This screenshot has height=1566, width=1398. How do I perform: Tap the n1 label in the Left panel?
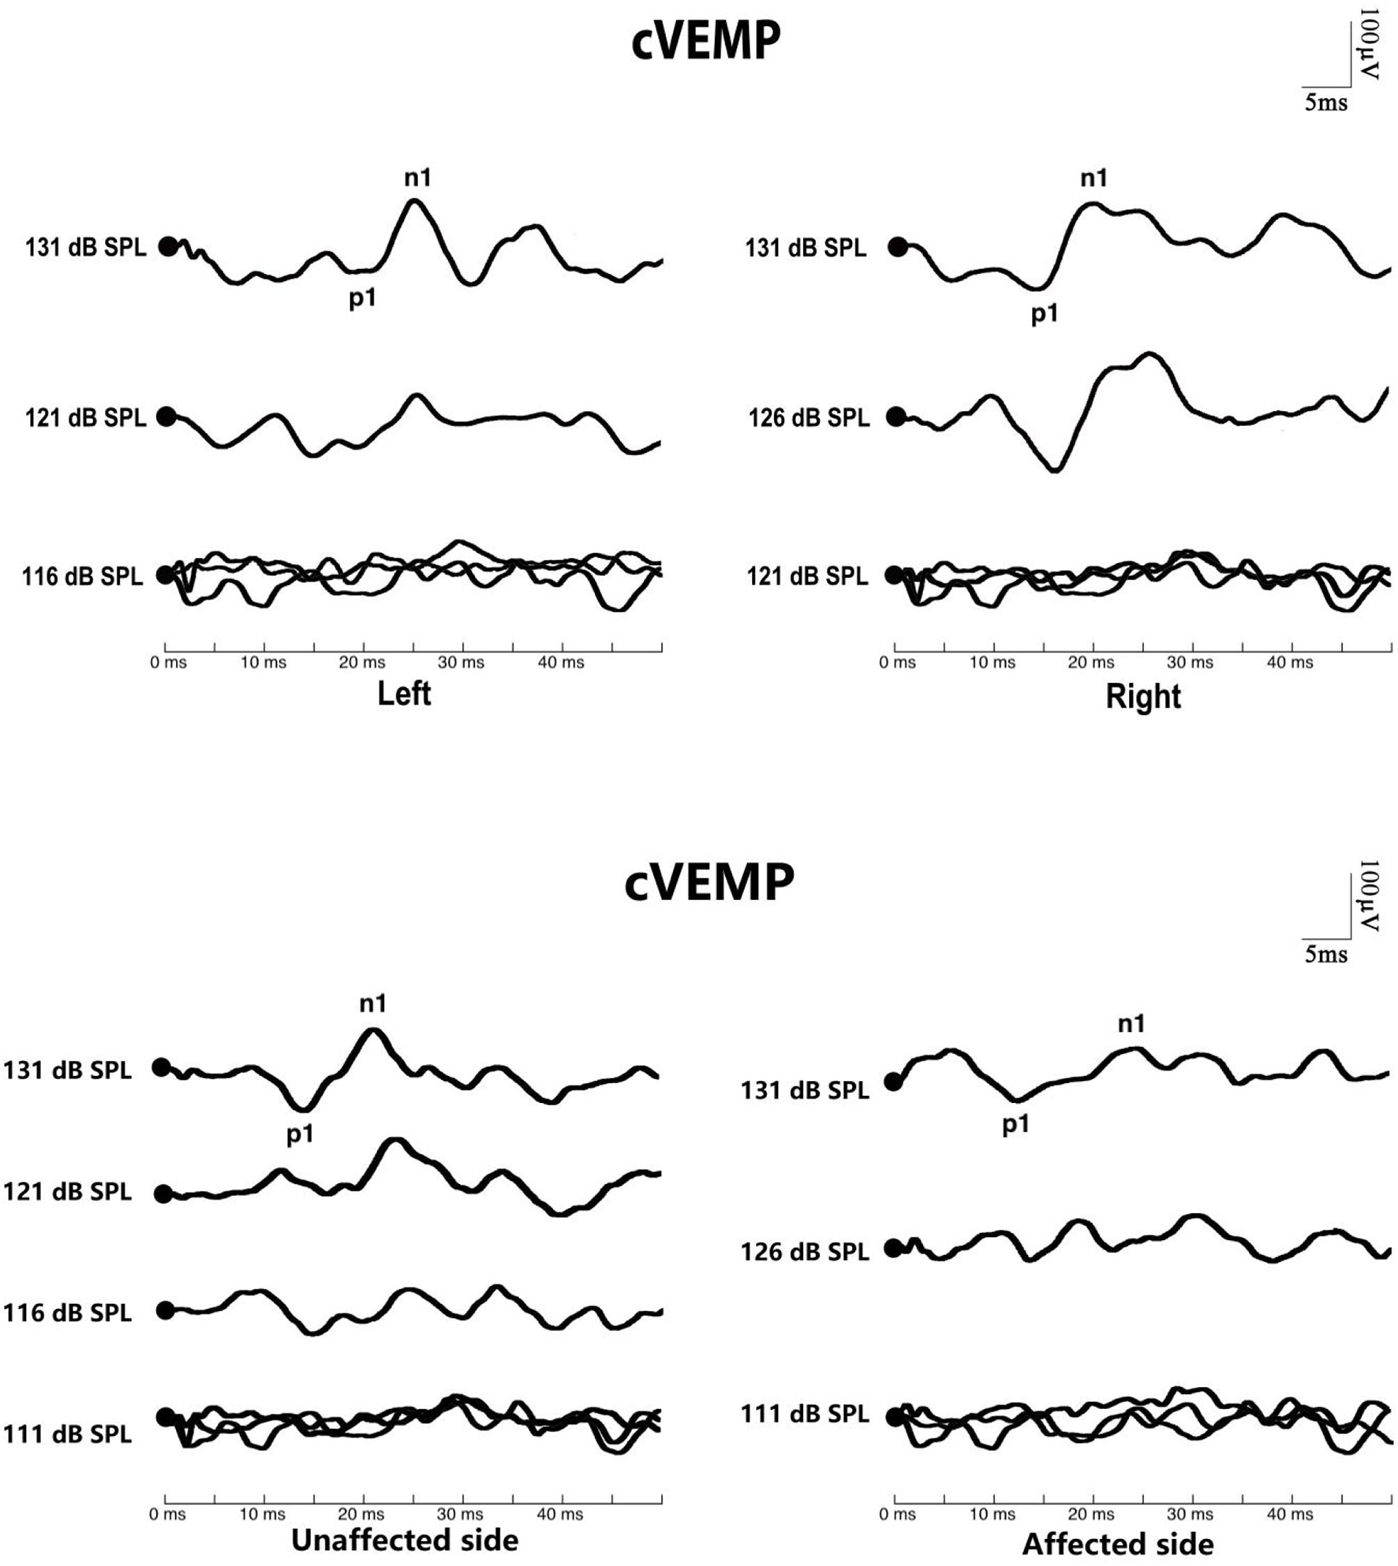point(417,178)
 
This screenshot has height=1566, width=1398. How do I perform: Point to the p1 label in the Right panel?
point(1045,315)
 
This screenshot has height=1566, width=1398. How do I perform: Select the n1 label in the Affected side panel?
point(1131,1024)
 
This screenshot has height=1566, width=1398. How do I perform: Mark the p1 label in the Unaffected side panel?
point(300,1134)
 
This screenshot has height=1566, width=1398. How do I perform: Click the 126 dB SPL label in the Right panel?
point(808,417)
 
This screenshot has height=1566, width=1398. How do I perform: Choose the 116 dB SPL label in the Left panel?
point(82,577)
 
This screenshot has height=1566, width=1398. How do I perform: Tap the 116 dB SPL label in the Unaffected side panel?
point(67,1313)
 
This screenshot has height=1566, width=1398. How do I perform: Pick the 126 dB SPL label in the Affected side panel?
point(805,1251)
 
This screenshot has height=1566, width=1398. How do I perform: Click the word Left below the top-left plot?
point(404,694)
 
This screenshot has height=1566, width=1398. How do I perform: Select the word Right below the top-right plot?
point(1142,697)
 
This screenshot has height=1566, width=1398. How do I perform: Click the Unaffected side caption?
point(405,1540)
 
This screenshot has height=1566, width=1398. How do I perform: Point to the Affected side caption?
point(1118,1544)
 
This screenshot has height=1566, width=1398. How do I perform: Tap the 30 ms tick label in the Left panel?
point(461,663)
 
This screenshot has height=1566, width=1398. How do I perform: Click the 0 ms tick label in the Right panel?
point(897,663)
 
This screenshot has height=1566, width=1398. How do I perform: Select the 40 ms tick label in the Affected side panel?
point(1290,1514)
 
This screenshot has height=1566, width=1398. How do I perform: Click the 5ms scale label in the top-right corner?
point(1325,103)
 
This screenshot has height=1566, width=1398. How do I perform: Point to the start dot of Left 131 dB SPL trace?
point(168,247)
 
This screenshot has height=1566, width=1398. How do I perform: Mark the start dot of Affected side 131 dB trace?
point(892,1082)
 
